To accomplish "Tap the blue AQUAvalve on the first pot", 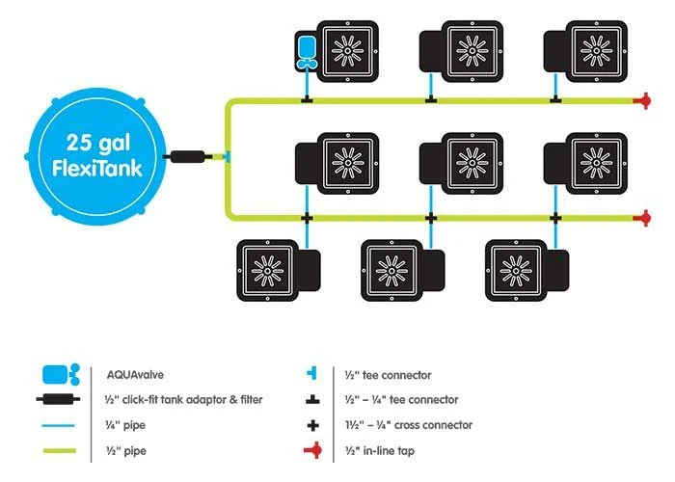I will (x=308, y=49).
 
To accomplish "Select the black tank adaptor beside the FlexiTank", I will (x=188, y=156).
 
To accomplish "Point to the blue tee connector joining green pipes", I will (x=226, y=156).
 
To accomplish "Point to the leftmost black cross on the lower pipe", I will (x=308, y=218).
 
